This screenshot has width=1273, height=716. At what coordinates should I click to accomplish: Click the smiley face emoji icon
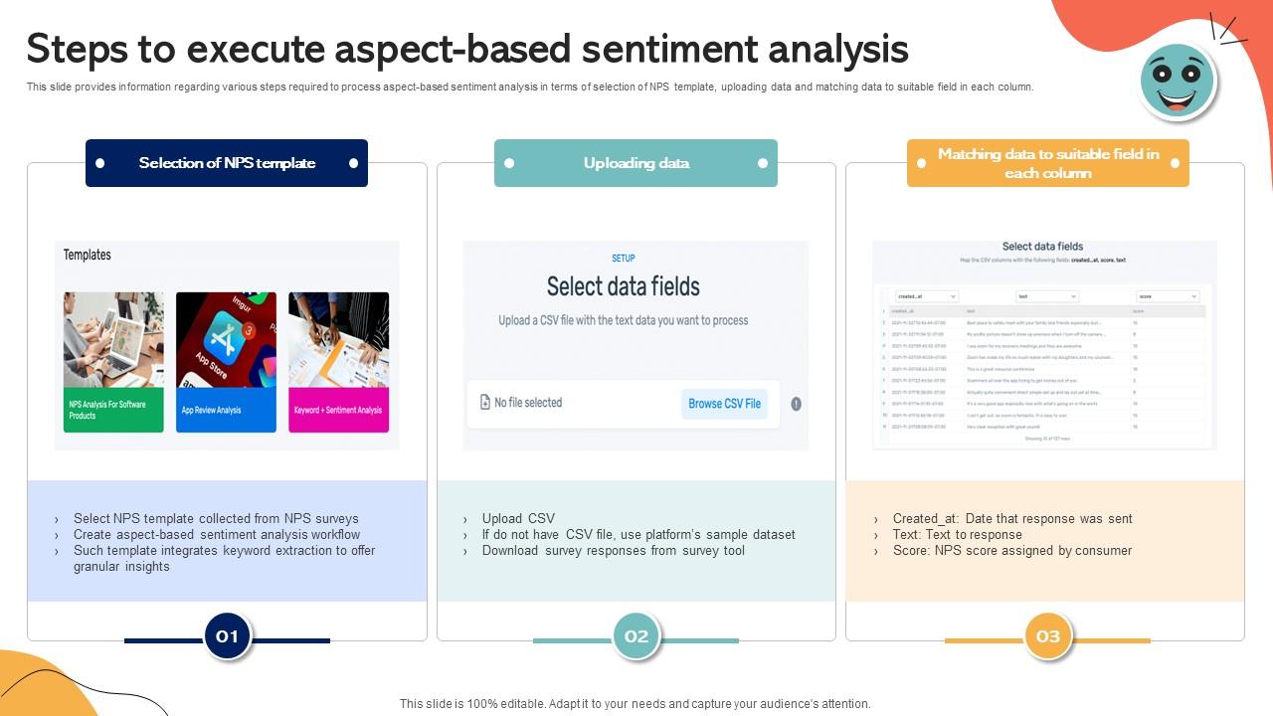click(x=1179, y=82)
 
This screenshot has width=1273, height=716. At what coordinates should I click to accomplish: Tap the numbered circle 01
click(x=228, y=636)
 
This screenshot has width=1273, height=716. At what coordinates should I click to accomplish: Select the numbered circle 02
click(x=636, y=636)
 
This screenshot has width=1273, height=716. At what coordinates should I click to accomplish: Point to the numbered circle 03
click(x=1048, y=636)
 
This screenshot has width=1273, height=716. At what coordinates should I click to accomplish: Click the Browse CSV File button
click(x=724, y=404)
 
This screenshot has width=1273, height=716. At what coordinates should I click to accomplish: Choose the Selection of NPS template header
click(x=227, y=163)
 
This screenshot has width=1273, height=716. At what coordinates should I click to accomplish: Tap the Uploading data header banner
click(x=636, y=163)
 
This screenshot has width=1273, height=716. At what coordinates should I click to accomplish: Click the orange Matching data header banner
click(x=1048, y=163)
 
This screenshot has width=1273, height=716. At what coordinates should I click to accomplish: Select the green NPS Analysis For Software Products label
click(x=113, y=410)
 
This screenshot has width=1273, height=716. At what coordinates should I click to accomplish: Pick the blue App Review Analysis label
click(x=226, y=410)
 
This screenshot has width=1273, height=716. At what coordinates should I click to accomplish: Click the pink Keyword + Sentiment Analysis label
click(x=338, y=410)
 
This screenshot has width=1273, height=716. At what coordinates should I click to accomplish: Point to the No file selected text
click(x=528, y=403)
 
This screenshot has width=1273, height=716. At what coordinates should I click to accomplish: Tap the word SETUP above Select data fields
click(x=624, y=259)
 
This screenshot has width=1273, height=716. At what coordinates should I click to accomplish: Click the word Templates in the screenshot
click(x=88, y=256)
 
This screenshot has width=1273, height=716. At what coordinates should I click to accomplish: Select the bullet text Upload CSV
click(x=518, y=518)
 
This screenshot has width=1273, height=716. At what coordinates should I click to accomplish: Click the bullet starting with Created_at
click(x=1011, y=518)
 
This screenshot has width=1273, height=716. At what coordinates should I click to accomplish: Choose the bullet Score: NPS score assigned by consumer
click(x=1011, y=550)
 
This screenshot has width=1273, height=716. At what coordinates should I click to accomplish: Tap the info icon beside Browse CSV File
click(x=796, y=404)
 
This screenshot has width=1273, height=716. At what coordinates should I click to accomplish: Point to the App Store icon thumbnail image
click(x=226, y=339)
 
